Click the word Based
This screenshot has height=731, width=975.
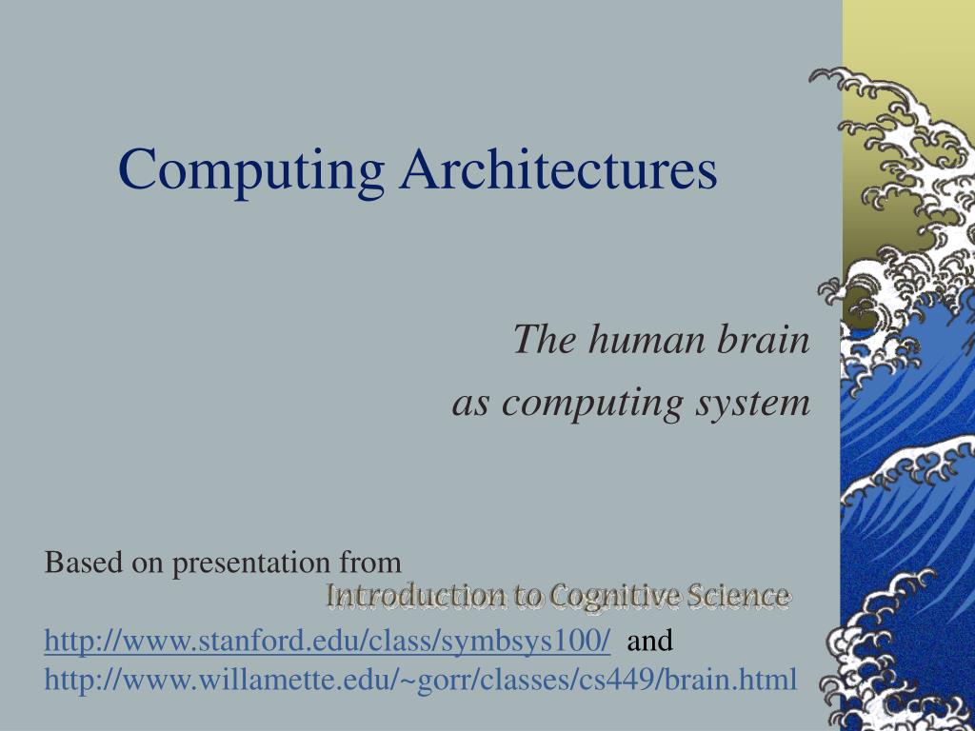[84, 563]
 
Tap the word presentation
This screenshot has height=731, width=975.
[249, 563]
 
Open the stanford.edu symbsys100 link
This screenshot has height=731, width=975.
[328, 642]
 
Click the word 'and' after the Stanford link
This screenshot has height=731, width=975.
[650, 642]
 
